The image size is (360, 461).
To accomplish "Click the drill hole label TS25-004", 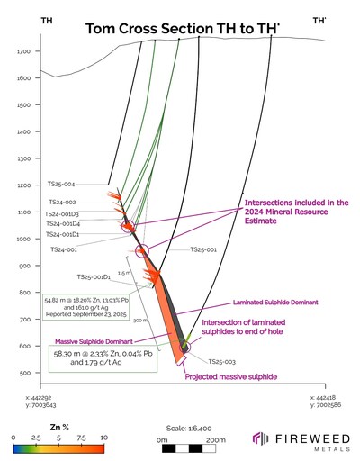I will tap(62, 184).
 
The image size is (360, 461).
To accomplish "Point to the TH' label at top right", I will tap(319, 19).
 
